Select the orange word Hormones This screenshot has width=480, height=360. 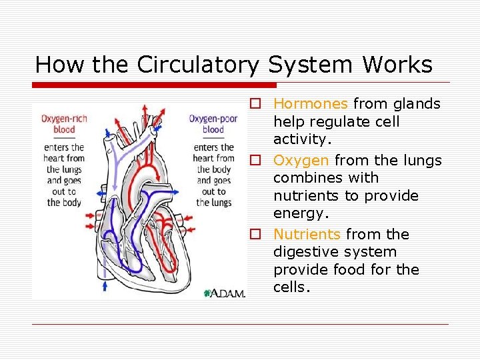point(310,104)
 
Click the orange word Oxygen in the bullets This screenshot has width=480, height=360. point(301,161)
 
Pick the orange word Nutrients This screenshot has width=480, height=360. point(307,235)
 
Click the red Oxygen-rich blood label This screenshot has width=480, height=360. point(65,124)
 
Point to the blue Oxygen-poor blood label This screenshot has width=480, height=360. point(213,124)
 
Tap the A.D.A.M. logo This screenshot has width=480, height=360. point(225,293)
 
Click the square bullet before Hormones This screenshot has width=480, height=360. point(255,104)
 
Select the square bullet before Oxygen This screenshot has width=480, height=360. point(255,161)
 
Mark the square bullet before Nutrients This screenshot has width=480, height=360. point(255,235)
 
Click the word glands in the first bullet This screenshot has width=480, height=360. point(417,104)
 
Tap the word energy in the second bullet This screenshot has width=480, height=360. point(301,214)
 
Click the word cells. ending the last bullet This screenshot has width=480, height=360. point(292,288)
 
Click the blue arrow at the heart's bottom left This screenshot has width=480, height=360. point(105,285)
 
